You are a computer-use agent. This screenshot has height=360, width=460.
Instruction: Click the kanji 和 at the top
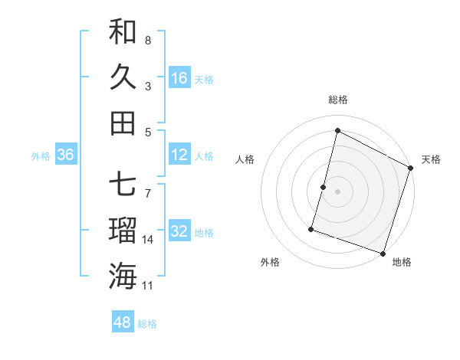[123, 31]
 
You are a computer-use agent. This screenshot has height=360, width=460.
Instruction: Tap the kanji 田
[123, 122]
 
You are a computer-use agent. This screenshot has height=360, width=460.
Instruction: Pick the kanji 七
[123, 185]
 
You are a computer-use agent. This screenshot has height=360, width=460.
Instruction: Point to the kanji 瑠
[123, 230]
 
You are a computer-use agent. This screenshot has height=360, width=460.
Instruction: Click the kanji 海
[123, 275]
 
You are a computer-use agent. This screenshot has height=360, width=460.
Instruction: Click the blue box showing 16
[179, 77]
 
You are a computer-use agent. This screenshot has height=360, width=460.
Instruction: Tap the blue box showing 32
[179, 232]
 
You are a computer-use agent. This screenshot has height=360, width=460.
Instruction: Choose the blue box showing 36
[66, 155]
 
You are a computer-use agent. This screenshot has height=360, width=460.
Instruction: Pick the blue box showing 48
[123, 322]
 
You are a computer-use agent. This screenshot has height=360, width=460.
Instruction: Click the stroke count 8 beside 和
[147, 40]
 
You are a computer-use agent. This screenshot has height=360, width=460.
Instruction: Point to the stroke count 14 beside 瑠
[148, 239]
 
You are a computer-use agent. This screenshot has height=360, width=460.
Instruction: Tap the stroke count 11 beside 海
[148, 285]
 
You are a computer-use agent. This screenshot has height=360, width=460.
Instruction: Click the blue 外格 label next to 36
[41, 156]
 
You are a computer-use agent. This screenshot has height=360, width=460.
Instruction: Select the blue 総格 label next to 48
[147, 324]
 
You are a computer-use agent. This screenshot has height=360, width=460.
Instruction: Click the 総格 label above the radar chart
[338, 100]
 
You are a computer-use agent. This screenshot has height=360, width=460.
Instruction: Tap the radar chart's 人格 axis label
[245, 159]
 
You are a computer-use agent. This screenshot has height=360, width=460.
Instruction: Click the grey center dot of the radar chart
[337, 191]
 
